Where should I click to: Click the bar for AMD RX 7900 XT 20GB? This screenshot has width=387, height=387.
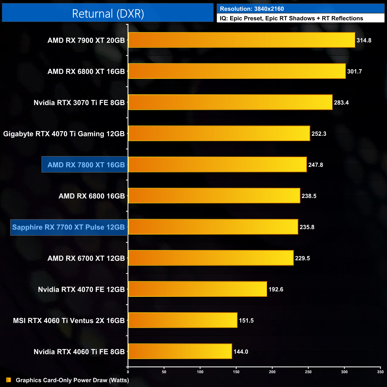pos(241,40)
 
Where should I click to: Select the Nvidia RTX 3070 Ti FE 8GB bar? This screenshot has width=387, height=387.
pos(230,102)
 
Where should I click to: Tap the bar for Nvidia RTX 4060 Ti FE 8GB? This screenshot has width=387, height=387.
pos(180,351)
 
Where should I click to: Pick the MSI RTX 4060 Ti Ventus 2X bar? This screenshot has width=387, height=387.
pos(182,320)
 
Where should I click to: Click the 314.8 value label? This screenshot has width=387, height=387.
pos(364,40)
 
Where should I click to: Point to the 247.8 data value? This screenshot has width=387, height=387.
pos(316,165)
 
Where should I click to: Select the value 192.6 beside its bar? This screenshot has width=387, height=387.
pos(276,289)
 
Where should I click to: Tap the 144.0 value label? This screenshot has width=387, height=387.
pos(241,352)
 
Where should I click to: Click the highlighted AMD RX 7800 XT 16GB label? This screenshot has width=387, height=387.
pos(86,165)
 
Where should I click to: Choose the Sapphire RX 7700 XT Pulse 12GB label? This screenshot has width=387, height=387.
pos(68,227)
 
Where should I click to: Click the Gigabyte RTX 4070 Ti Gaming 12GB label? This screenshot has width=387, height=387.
pos(64,134)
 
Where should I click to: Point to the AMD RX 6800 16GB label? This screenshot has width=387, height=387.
pos(92,196)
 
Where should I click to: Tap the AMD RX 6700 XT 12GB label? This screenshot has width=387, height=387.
pos(86,258)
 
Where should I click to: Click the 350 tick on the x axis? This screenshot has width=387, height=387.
pos(380,372)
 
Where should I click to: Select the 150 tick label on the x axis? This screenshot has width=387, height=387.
pos(236,372)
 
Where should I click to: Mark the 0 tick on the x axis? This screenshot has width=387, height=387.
pos(128,372)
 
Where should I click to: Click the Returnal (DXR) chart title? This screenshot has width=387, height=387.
pos(108,13)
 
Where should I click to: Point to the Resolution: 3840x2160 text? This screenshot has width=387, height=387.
pos(252,9)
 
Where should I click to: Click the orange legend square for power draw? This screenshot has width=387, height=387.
pos(9,380)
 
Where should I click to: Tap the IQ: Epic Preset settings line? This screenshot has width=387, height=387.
pos(291,18)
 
